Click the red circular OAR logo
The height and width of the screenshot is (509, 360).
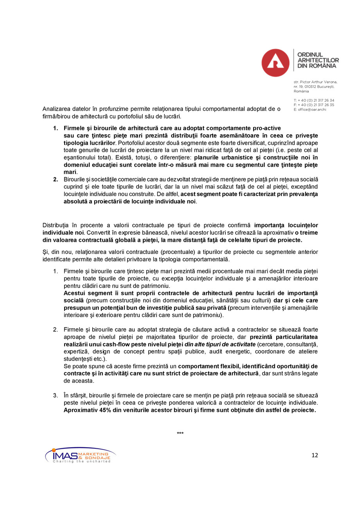tap(275, 63)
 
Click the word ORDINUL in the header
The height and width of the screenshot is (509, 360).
tap(310, 55)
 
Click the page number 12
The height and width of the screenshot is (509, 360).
tap(315, 455)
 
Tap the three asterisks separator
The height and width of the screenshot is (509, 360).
tap(180, 433)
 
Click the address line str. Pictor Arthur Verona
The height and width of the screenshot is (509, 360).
tap(315, 82)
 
